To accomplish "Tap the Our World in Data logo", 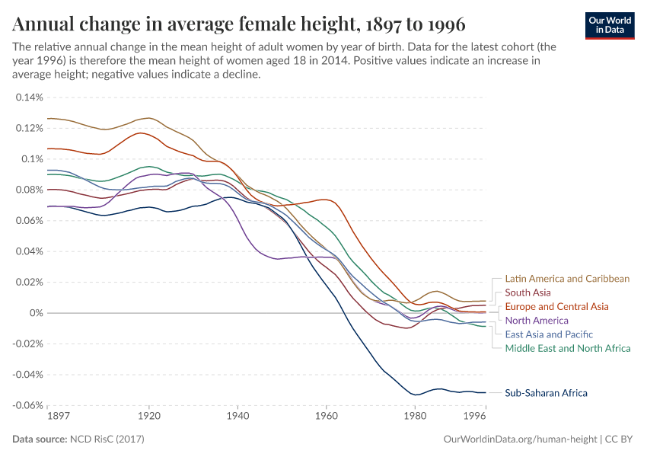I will pyautogui.click(x=609, y=24).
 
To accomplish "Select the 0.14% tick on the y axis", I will pyautogui.click(x=30, y=97).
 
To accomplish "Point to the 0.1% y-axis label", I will pyautogui.click(x=33, y=159).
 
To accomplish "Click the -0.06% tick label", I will pyautogui.click(x=27, y=405).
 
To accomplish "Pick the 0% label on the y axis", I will pyautogui.click(x=37, y=313).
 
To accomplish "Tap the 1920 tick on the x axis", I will pyautogui.click(x=149, y=417).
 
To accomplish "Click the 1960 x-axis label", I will pyautogui.click(x=327, y=417).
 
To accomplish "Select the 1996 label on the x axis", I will pyautogui.click(x=475, y=417).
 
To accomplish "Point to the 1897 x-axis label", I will pyautogui.click(x=58, y=417).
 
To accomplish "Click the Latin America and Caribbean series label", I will pyautogui.click(x=567, y=279).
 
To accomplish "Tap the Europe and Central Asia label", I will pyautogui.click(x=556, y=306).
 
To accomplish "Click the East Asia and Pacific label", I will pyautogui.click(x=549, y=334).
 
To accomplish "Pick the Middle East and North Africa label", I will pyautogui.click(x=568, y=348).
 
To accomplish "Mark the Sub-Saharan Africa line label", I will pyautogui.click(x=546, y=393).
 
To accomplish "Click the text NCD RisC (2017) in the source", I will pyautogui.click(x=107, y=439).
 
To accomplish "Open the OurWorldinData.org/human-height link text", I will pyautogui.click(x=520, y=439).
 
